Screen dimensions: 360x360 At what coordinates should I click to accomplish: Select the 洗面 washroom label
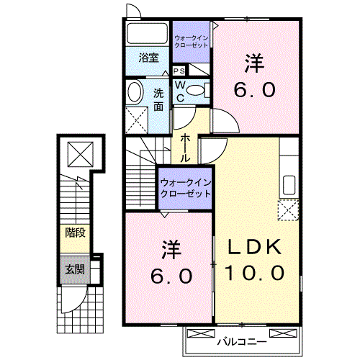click(x=159, y=99)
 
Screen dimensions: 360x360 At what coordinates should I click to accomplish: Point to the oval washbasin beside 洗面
click(x=135, y=92)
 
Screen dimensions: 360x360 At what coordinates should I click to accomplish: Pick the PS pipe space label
click(x=179, y=71)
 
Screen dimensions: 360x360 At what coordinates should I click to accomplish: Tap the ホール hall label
click(x=186, y=148)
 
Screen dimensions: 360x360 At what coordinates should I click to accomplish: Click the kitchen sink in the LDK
click(x=289, y=184)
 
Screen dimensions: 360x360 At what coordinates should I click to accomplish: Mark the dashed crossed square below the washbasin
click(x=135, y=118)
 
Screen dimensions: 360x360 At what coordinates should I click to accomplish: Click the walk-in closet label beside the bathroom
click(x=192, y=39)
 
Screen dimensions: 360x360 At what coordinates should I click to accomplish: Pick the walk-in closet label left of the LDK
click(x=185, y=187)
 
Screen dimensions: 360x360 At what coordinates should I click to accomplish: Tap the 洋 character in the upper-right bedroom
click(x=253, y=63)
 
